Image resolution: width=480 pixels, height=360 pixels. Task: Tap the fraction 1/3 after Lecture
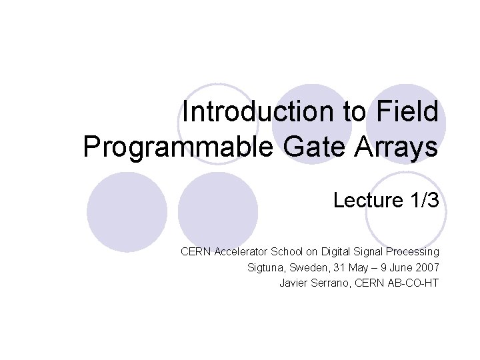(425, 199)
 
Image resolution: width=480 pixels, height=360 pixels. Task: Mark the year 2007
(427, 268)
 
